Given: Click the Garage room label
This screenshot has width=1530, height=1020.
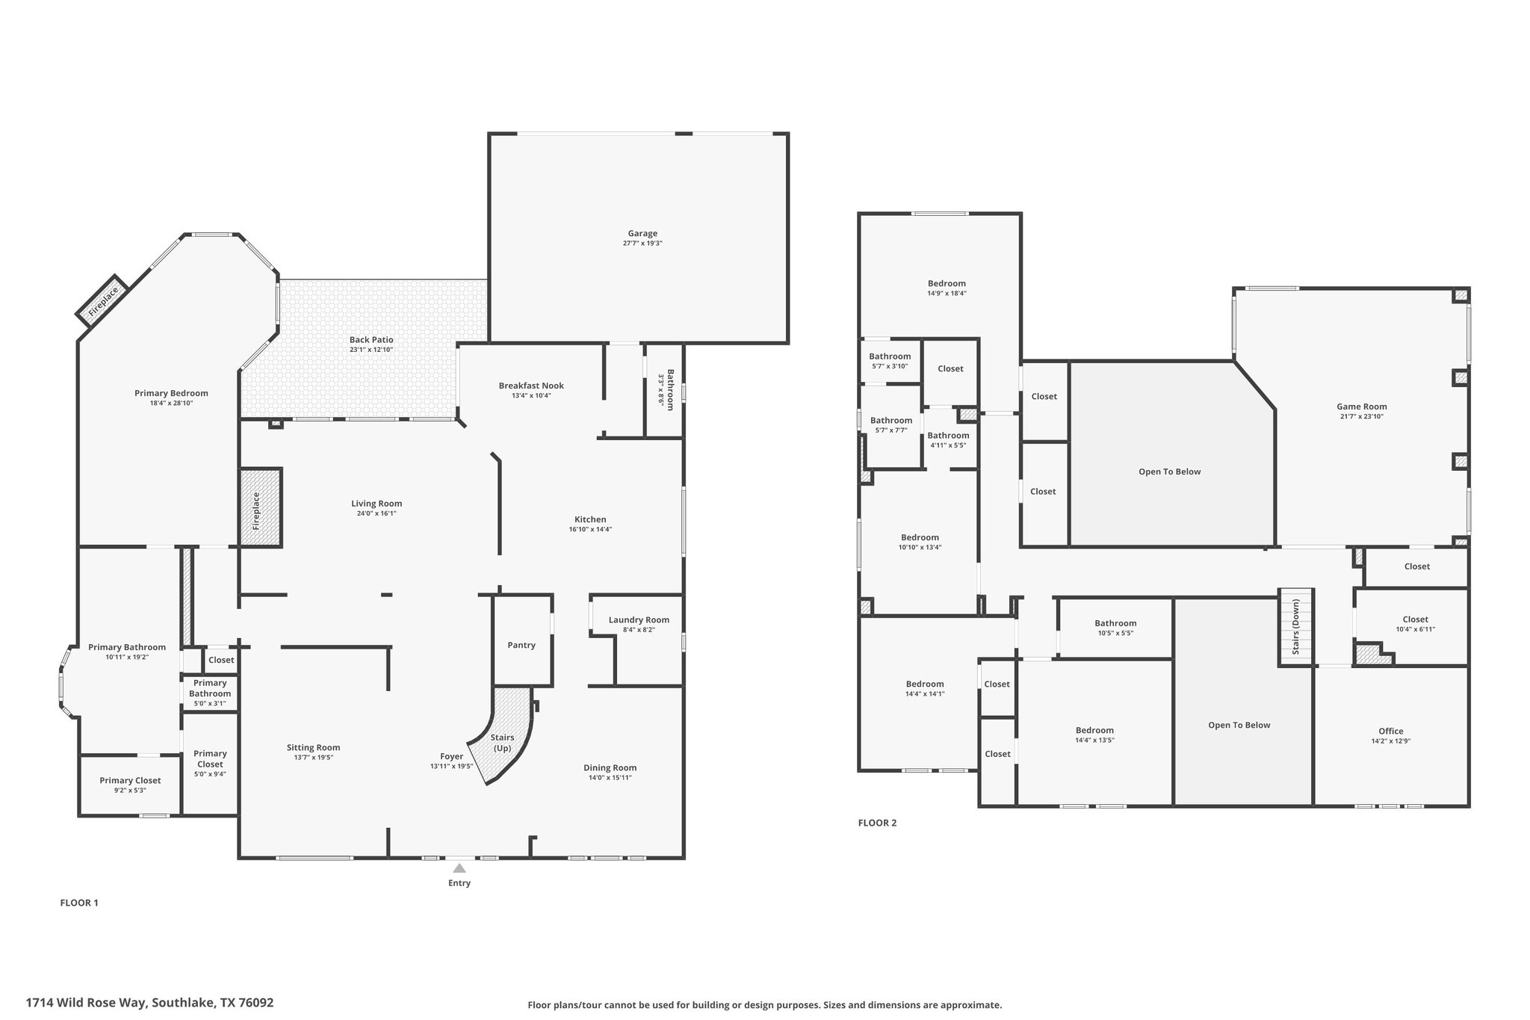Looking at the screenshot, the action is (x=642, y=233).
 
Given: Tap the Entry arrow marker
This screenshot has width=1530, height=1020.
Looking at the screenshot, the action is (x=459, y=868).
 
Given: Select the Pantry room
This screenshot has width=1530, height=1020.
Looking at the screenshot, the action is (x=522, y=640).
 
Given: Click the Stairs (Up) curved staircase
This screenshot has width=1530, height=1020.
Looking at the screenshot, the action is (x=501, y=736).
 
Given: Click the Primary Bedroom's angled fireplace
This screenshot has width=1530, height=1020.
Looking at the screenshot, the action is (x=102, y=300).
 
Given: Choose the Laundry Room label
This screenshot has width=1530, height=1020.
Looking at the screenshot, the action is (x=639, y=619).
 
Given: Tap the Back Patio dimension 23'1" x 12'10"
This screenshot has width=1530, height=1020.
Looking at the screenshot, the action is (x=371, y=350).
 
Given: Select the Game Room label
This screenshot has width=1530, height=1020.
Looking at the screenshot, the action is (x=1362, y=407).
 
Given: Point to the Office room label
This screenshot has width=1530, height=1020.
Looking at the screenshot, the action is (x=1391, y=731).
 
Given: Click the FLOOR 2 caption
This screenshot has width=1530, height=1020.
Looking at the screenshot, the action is (x=877, y=823).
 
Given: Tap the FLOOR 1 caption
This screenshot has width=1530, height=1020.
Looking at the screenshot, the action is (x=79, y=903).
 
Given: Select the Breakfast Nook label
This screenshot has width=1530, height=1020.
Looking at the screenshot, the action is (x=531, y=386).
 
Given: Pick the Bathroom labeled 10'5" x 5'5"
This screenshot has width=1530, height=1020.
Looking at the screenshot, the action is (x=1115, y=628).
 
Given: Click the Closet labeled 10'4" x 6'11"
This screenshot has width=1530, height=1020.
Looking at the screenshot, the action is (x=1411, y=626).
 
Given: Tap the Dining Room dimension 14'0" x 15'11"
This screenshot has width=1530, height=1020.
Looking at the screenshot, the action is (x=610, y=778).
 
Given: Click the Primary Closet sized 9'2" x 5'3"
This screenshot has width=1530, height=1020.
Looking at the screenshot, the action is (x=130, y=785).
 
